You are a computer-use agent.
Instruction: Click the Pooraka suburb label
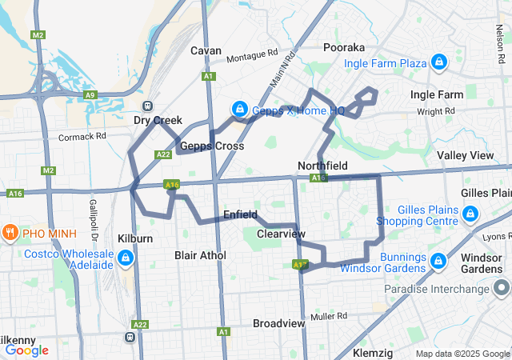pos(343,47)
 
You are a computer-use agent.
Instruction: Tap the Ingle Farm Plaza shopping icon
pos(439,62)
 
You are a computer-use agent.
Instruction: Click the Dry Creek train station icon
pos(147,106)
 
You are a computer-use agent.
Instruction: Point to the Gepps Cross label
pos(212,146)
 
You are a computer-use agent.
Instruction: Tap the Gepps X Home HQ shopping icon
pos(238,109)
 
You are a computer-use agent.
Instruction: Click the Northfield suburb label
pos(322,165)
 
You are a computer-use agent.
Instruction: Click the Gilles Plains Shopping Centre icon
pos(470,214)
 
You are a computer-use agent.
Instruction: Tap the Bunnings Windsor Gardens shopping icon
pos(438,261)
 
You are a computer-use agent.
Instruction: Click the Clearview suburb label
pos(282,234)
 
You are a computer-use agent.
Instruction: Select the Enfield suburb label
pos(240,214)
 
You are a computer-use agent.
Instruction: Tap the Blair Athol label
pos(200,255)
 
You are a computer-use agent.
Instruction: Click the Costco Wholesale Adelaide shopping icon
pos(126,258)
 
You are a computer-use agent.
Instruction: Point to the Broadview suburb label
pos(278,323)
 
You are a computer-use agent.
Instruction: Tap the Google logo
pos(26,350)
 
